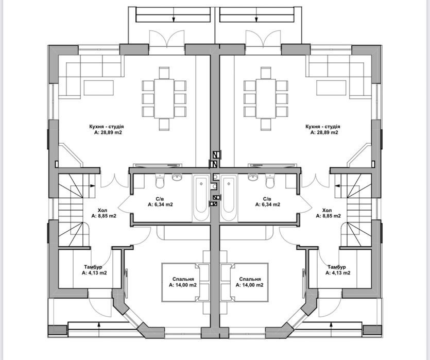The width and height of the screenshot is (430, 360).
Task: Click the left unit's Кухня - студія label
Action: click(x=107, y=127)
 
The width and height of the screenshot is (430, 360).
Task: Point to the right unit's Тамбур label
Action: click(x=336, y=267)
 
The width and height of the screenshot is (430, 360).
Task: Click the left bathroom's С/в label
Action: click(x=160, y=199)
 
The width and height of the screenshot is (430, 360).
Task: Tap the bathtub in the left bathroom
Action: click(x=201, y=198)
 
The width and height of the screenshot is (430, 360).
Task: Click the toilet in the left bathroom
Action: click(x=159, y=181)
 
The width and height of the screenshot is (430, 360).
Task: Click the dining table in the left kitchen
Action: click(x=164, y=99)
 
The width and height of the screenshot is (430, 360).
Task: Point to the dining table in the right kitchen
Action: click(x=266, y=99)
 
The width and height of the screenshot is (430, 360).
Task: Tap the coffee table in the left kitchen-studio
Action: click(x=99, y=88)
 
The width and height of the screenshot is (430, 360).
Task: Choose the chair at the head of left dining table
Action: click(x=164, y=73)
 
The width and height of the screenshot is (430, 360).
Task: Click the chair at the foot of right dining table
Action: click(x=266, y=124)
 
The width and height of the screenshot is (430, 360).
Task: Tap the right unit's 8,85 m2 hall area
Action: click(x=329, y=216)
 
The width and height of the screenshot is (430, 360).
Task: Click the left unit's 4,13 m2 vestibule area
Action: click(x=94, y=273)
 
